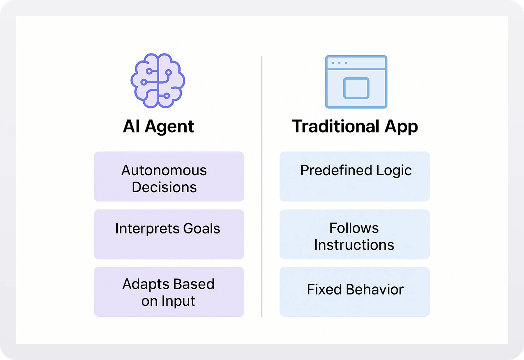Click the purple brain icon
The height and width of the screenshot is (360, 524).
coord(158,81)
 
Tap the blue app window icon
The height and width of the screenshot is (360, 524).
coord(356,82)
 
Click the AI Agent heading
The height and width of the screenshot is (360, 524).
coord(158,126)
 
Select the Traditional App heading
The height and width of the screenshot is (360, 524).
coord(354,127)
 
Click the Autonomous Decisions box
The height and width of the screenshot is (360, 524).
coord(169,176)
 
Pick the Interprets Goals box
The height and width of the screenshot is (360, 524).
coord(169,234)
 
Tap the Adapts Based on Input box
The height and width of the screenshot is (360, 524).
coord(169,292)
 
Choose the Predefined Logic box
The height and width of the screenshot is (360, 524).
coord(354,176)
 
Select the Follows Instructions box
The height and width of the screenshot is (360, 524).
coord(354,234)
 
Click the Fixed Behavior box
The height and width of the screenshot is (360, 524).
coord(354,292)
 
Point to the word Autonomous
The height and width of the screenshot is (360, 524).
coord(164,170)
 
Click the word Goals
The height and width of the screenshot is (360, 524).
coord(202,229)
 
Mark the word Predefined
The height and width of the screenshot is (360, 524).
coord(336,170)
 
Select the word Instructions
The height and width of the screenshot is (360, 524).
coord(354,245)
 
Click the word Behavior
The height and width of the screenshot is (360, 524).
coord(375,290)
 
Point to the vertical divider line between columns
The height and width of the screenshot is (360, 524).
coord(262,186)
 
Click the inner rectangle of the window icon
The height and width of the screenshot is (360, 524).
coord(356,88)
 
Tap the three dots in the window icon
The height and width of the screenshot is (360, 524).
coord(339,63)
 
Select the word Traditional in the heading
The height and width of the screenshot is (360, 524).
coord(336,126)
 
